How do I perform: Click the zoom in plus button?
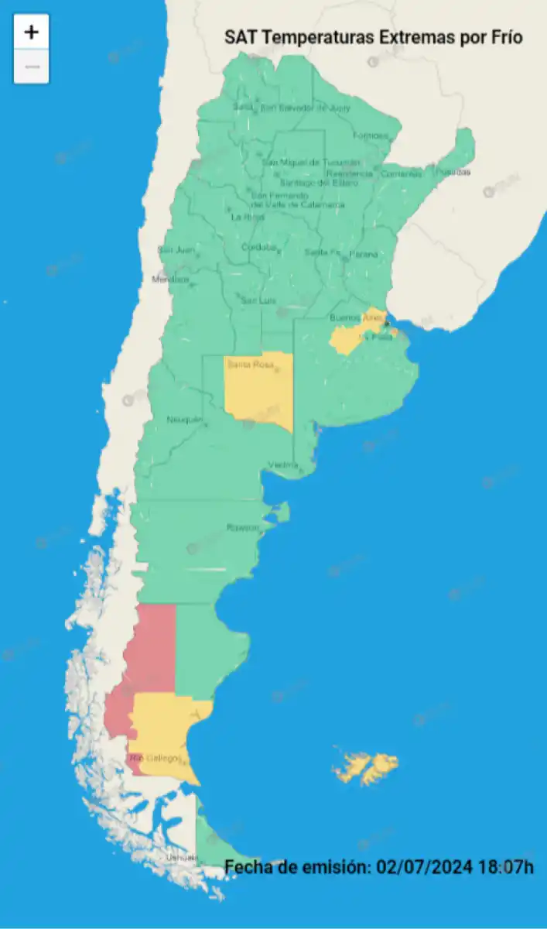[31, 33]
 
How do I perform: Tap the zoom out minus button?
[31, 67]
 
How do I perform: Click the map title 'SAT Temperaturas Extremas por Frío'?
[373, 37]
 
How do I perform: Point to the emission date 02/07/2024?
[422, 867]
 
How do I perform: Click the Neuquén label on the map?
[184, 420]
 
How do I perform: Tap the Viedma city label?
[283, 464]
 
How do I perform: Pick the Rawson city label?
[242, 527]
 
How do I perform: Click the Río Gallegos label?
[156, 757]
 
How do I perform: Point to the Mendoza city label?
[169, 279]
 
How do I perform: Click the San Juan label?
[176, 249]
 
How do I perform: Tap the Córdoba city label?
[259, 248]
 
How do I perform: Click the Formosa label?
[371, 135]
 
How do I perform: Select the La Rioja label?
[248, 217]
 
